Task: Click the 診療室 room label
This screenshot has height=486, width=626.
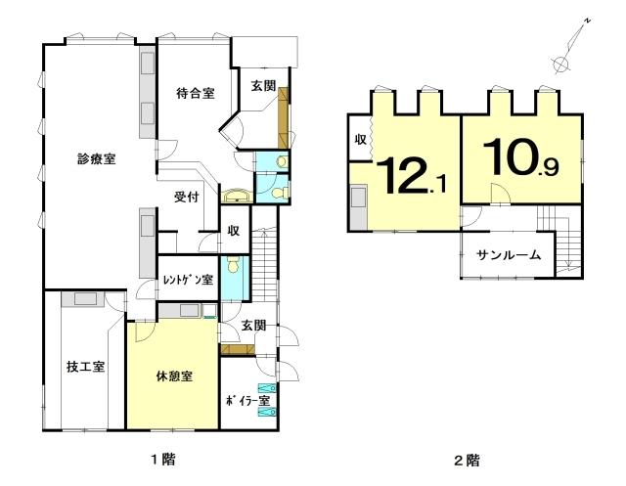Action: (97, 159)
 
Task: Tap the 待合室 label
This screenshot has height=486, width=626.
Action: (196, 93)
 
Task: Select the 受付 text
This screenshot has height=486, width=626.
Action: (187, 197)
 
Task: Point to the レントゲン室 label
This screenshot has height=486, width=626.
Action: (189, 280)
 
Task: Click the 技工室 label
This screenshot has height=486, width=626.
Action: (86, 367)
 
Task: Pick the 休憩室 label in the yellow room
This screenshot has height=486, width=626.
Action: (174, 376)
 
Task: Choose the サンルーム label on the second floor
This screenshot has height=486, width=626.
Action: (509, 254)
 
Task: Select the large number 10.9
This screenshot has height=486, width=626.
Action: (520, 157)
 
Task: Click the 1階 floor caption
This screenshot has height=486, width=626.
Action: (163, 460)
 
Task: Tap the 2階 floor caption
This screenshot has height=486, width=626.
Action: (467, 461)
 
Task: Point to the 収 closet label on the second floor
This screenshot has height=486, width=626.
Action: (361, 140)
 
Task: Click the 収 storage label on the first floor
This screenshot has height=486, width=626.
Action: (234, 230)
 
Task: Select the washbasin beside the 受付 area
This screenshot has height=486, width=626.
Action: (237, 197)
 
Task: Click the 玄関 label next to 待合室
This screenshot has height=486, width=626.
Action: (263, 85)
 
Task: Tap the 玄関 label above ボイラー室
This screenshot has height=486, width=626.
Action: (254, 326)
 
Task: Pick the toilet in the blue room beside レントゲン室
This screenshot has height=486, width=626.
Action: (233, 265)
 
